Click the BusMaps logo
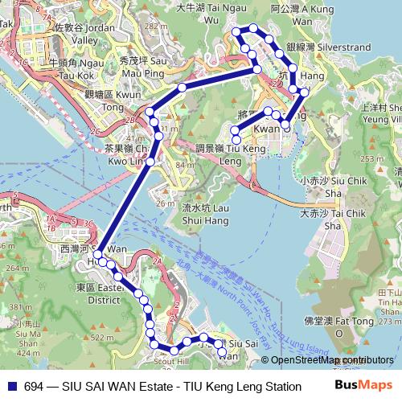click(x=364, y=387)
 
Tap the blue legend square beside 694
click(x=10, y=387)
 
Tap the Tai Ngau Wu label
click(x=198, y=13)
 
